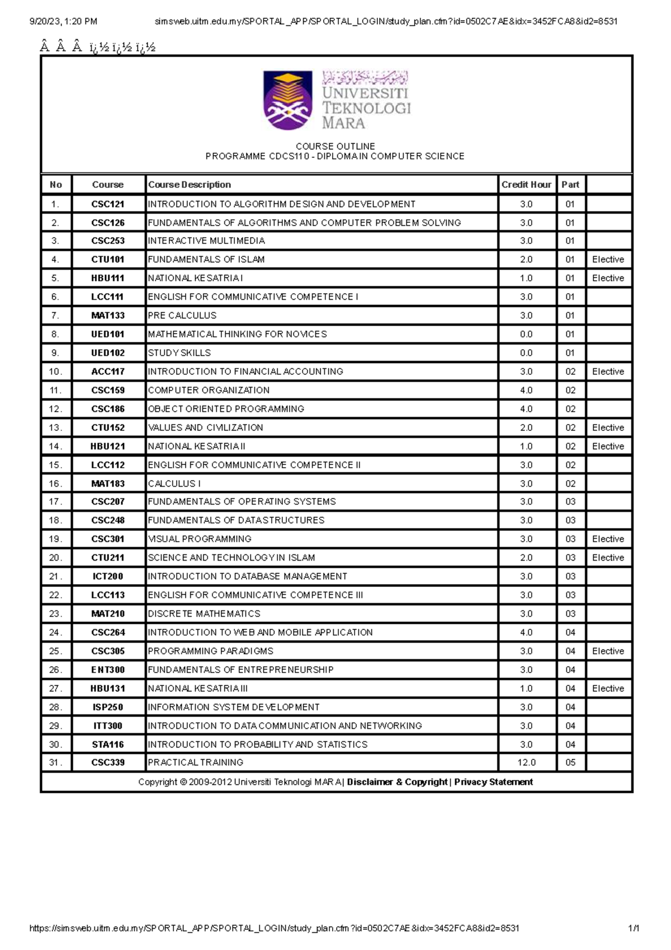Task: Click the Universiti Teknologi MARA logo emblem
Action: [x=287, y=100]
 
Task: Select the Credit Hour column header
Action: [x=526, y=185]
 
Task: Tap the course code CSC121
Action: [x=108, y=204]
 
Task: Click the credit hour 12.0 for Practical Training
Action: [x=526, y=763]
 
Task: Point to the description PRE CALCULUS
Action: [x=182, y=316]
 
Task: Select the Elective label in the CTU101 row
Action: [x=608, y=260]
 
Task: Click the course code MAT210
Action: [x=108, y=614]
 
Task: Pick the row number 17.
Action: [x=55, y=502]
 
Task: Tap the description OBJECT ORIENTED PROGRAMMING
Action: [x=226, y=409]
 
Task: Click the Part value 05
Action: [x=570, y=763]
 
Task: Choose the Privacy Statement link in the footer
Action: [x=493, y=782]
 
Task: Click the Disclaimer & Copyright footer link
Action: [x=397, y=782]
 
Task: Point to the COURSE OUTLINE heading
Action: [x=335, y=146]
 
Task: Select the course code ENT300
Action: [x=108, y=670]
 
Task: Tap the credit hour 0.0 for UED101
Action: [x=526, y=335]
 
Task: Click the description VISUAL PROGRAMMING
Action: [x=200, y=539]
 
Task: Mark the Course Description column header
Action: [x=190, y=185]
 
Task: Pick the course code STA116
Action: [x=108, y=745]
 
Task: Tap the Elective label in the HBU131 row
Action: [x=608, y=689]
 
